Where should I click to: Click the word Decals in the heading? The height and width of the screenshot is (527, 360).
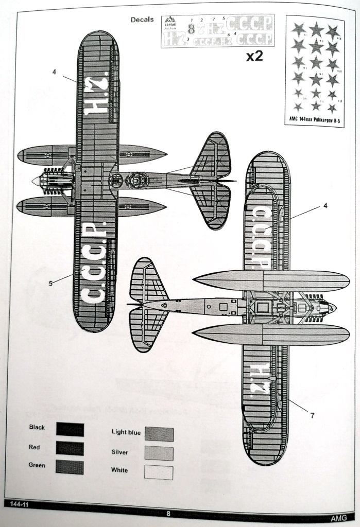coord(142,20)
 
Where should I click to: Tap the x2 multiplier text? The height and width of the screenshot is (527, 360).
coord(254,56)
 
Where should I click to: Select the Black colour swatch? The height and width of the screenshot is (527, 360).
coord(70,429)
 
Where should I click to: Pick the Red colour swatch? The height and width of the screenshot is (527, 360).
coord(70,448)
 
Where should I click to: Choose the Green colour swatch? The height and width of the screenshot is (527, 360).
coord(70,467)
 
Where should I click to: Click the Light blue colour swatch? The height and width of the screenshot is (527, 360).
coord(159,434)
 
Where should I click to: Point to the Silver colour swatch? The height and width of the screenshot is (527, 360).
coord(159,453)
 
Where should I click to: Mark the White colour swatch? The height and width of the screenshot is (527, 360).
coord(159,472)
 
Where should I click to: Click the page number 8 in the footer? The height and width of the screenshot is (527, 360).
coord(168,513)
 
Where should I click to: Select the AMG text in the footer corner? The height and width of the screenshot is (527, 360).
coord(339,517)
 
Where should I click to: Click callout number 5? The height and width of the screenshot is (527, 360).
coord(50,283)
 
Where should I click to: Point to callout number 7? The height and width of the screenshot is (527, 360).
coord(312,415)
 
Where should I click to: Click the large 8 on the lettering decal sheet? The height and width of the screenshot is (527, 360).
coord(191,29)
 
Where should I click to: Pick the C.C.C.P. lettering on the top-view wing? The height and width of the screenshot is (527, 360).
coord(95,262)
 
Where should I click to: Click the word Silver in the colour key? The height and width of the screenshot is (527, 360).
coord(119,452)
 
